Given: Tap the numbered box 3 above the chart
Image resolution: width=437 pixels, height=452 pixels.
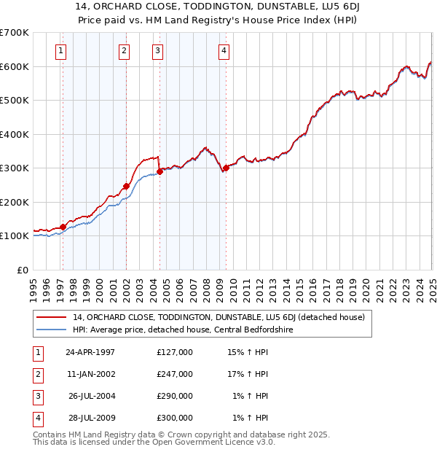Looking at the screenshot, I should click(x=157, y=50).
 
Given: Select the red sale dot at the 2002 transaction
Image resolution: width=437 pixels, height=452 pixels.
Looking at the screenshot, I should click(x=126, y=186).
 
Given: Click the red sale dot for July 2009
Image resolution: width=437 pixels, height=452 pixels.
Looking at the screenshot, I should click(x=226, y=168).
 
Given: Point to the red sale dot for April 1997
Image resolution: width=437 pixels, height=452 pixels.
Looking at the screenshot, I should click(x=63, y=227).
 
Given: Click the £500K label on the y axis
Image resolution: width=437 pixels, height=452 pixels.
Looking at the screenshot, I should click(x=15, y=100).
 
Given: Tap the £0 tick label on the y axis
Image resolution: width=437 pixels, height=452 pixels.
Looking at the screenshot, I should click(x=23, y=270).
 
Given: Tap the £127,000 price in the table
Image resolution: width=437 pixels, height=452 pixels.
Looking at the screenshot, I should click(x=175, y=352).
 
